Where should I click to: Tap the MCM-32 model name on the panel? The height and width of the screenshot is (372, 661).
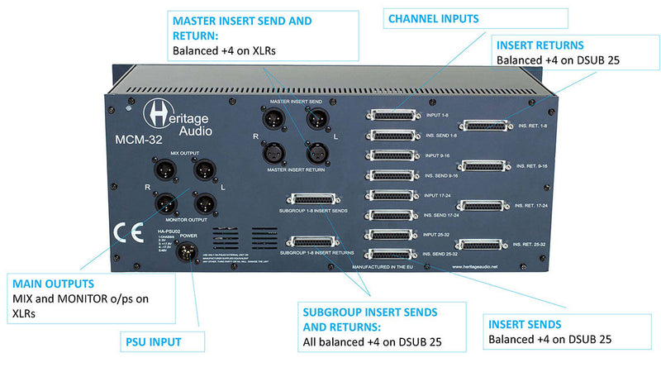tap(140, 140)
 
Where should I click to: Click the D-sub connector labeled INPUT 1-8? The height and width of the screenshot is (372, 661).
tap(393, 117)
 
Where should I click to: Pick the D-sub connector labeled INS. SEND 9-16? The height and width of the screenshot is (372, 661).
tap(393, 175)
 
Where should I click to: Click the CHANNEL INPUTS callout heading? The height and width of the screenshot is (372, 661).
tap(433, 17)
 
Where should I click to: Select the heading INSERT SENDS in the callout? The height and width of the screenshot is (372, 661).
tap(525, 323)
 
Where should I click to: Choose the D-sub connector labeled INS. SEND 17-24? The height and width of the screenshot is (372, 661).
tap(393, 215)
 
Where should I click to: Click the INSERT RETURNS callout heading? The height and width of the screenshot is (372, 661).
tap(537, 45)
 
